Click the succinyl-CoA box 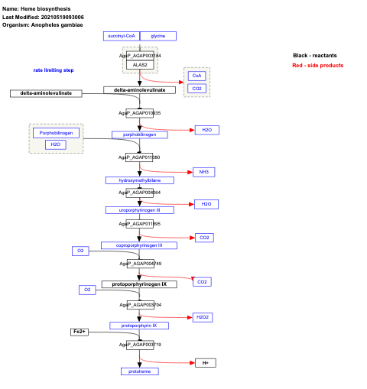pos(122,36)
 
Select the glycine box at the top pos(158,36)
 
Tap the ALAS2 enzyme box pos(140,65)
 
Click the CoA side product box pos(196,76)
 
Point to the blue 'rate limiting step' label pos(54,70)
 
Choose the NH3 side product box pos(204,172)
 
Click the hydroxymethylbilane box pos(139,180)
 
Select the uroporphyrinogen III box pos(139,209)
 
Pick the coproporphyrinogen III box pos(139,245)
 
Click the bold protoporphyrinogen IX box pos(139,284)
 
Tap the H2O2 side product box pos(203,316)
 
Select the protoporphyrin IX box pos(139,325)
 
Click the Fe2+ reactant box pos(80,332)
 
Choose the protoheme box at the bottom pos(139,371)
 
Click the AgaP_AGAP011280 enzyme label pos(139,157)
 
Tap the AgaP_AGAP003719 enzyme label pos(140,345)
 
